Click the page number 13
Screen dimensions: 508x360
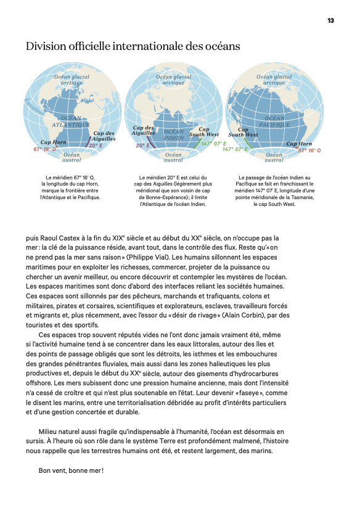[x=330, y=20]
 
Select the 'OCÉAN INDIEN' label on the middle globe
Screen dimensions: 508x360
[x=174, y=134]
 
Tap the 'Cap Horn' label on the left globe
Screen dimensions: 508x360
[x=53, y=142]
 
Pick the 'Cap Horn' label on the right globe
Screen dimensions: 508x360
[x=300, y=144]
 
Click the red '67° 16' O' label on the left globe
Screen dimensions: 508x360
[x=45, y=149]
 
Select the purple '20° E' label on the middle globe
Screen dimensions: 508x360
[x=143, y=145]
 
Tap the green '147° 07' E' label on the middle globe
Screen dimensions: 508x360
[x=214, y=144]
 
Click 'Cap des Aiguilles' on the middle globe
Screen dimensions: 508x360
[x=143, y=130]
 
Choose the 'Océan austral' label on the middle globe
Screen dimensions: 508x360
[x=174, y=157]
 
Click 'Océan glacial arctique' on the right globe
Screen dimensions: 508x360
[x=274, y=80]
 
